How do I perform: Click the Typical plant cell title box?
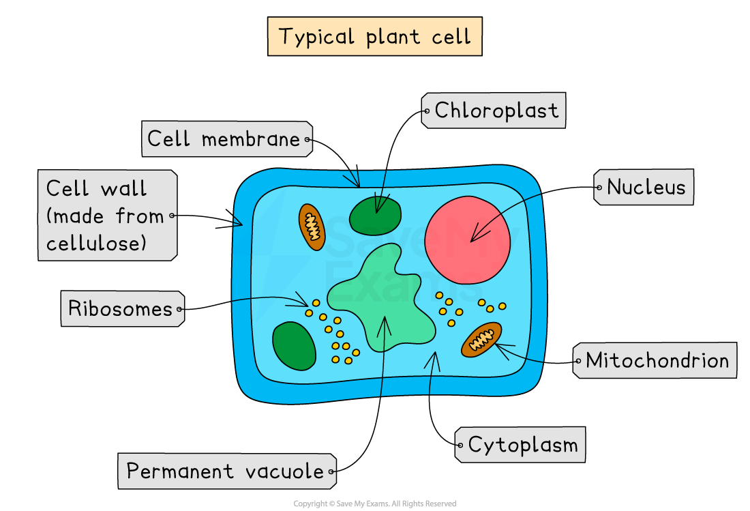click(x=374, y=36)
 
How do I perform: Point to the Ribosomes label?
click(x=121, y=309)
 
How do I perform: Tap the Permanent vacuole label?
click(x=226, y=471)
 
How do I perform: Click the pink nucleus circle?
click(x=467, y=239)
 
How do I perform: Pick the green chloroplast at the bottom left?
click(x=294, y=346)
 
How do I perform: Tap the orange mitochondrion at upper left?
click(x=312, y=226)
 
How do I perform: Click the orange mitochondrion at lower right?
click(x=481, y=340)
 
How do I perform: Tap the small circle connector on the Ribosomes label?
click(x=179, y=310)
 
